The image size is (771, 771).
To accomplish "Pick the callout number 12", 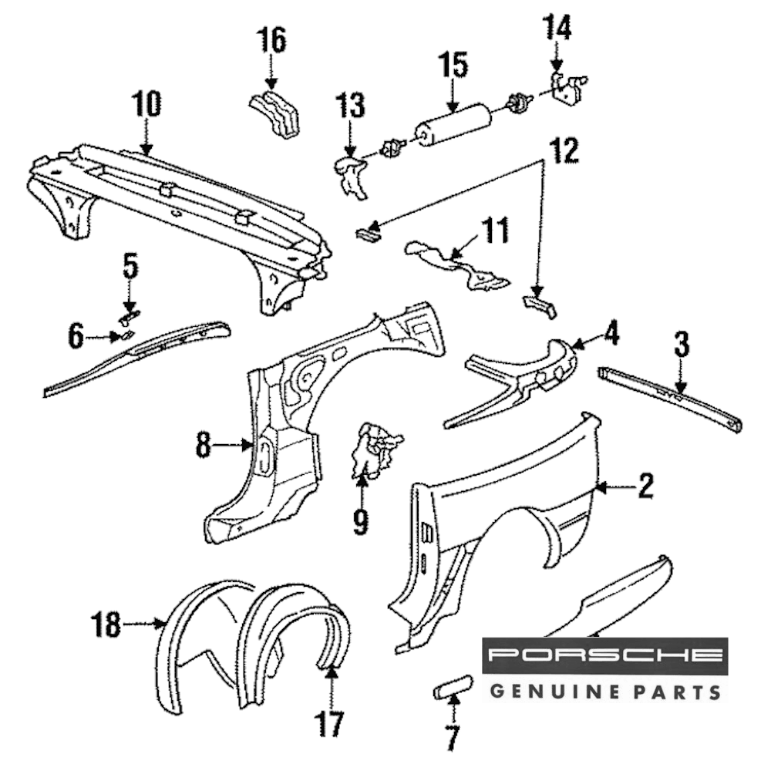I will [564, 151].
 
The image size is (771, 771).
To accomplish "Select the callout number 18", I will [106, 624].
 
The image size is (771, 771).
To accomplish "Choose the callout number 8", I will [203, 445].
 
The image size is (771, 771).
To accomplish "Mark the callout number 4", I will [611, 334].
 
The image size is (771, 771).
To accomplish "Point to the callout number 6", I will [76, 336].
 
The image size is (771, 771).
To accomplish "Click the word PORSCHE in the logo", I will [604, 655].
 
